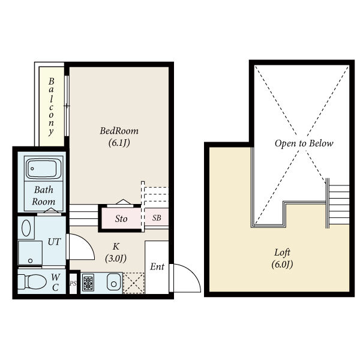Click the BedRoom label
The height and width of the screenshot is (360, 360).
pyautogui.click(x=119, y=131)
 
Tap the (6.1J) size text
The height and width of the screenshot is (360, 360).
pyautogui.click(x=119, y=143)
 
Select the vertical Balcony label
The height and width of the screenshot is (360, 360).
pyautogui.click(x=51, y=107)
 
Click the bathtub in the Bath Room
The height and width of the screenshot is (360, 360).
pyautogui.click(x=43, y=169)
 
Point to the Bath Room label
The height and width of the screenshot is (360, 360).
pyautogui.click(x=44, y=196)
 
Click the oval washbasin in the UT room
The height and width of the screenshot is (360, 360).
pyautogui.click(x=26, y=228)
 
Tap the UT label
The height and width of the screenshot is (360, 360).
pyautogui.click(x=54, y=242)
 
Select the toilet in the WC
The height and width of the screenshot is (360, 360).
pyautogui.click(x=32, y=281)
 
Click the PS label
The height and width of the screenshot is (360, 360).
pyautogui.click(x=73, y=284)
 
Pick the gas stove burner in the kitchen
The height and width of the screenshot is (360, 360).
pyautogui.click(x=88, y=283)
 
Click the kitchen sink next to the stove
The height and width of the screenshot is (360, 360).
pyautogui.click(x=113, y=282)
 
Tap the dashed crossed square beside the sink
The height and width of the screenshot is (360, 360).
pyautogui.click(x=134, y=283)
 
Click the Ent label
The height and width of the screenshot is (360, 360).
pyautogui.click(x=157, y=267)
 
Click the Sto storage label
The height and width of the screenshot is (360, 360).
pyautogui.click(x=121, y=219)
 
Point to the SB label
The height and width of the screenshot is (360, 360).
pyautogui.click(x=157, y=218)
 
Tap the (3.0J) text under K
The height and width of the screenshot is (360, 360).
pyautogui.click(x=116, y=259)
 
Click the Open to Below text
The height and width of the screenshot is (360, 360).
pyautogui.click(x=304, y=143)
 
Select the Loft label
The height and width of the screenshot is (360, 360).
pyautogui.click(x=282, y=253)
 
